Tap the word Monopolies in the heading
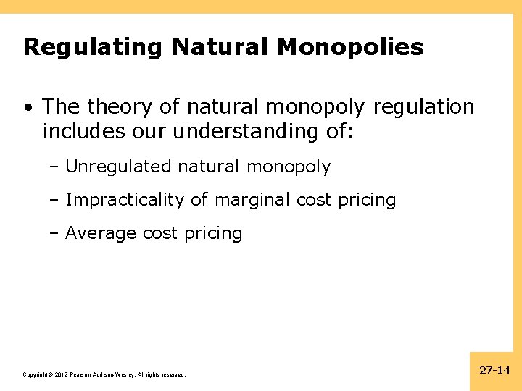tap(350, 48)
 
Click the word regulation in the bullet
tap(423, 107)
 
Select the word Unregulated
tap(118, 167)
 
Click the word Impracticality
tap(125, 200)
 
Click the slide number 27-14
tap(495, 370)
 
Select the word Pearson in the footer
tap(82, 374)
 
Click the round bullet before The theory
tap(27, 108)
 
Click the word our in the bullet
tap(145, 131)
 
